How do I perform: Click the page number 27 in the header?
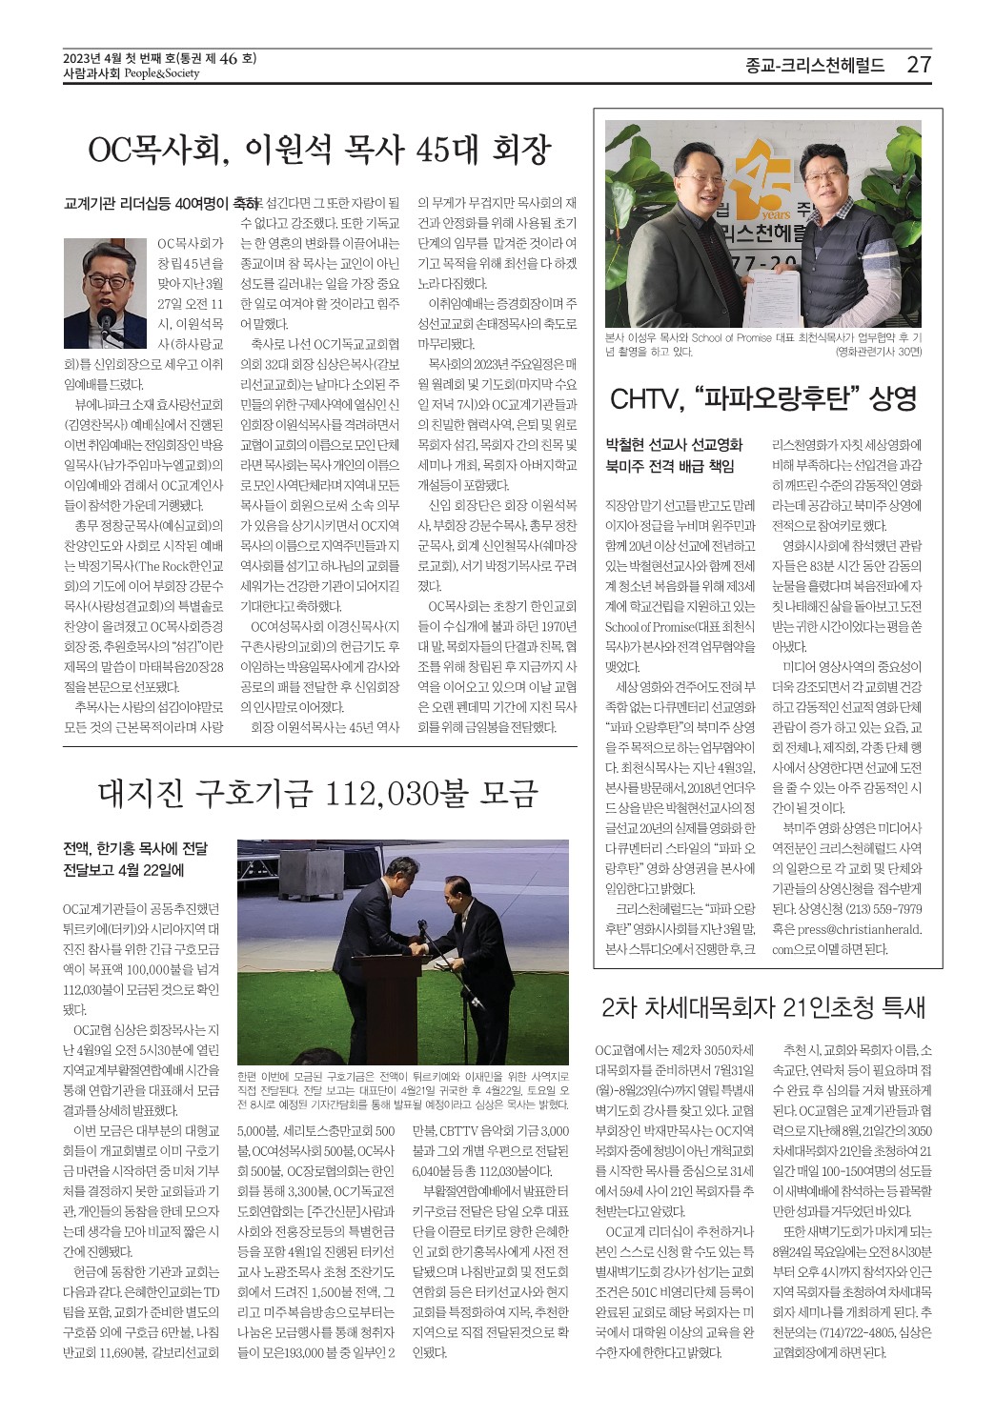(919, 65)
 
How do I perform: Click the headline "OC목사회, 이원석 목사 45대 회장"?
(319, 150)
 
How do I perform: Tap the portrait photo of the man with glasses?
(105, 293)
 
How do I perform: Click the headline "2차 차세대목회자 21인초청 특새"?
(763, 1007)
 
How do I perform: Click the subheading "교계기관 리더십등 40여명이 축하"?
(159, 204)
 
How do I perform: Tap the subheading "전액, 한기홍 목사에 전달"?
(135, 848)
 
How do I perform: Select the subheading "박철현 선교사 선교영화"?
(674, 444)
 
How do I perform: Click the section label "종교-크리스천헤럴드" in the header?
(815, 65)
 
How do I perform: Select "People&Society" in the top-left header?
(161, 73)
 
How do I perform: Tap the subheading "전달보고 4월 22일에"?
(124, 870)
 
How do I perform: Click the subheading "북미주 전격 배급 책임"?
(670, 466)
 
